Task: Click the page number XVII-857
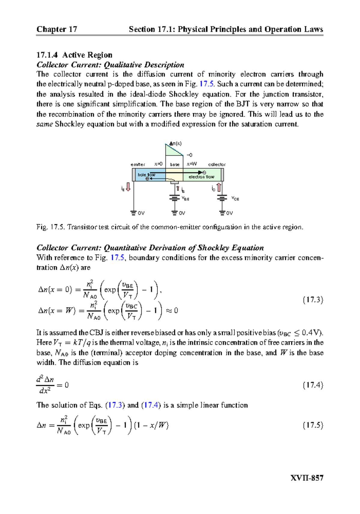click(307, 478)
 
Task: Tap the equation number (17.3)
click(313, 300)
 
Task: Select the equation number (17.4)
click(313, 385)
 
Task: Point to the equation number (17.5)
click(313, 425)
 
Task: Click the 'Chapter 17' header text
click(57, 29)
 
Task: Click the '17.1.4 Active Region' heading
click(74, 55)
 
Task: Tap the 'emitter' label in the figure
click(138, 165)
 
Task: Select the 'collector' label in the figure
click(217, 165)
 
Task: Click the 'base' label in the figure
click(175, 165)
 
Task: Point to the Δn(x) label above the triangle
click(175, 144)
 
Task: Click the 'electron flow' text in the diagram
click(201, 177)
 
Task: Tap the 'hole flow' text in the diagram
click(146, 174)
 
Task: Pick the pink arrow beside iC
click(219, 187)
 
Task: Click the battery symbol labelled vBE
click(174, 198)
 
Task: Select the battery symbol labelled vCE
click(222, 198)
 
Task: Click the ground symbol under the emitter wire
click(133, 213)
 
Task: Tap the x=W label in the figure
click(192, 164)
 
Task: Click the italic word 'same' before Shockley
click(45, 124)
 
